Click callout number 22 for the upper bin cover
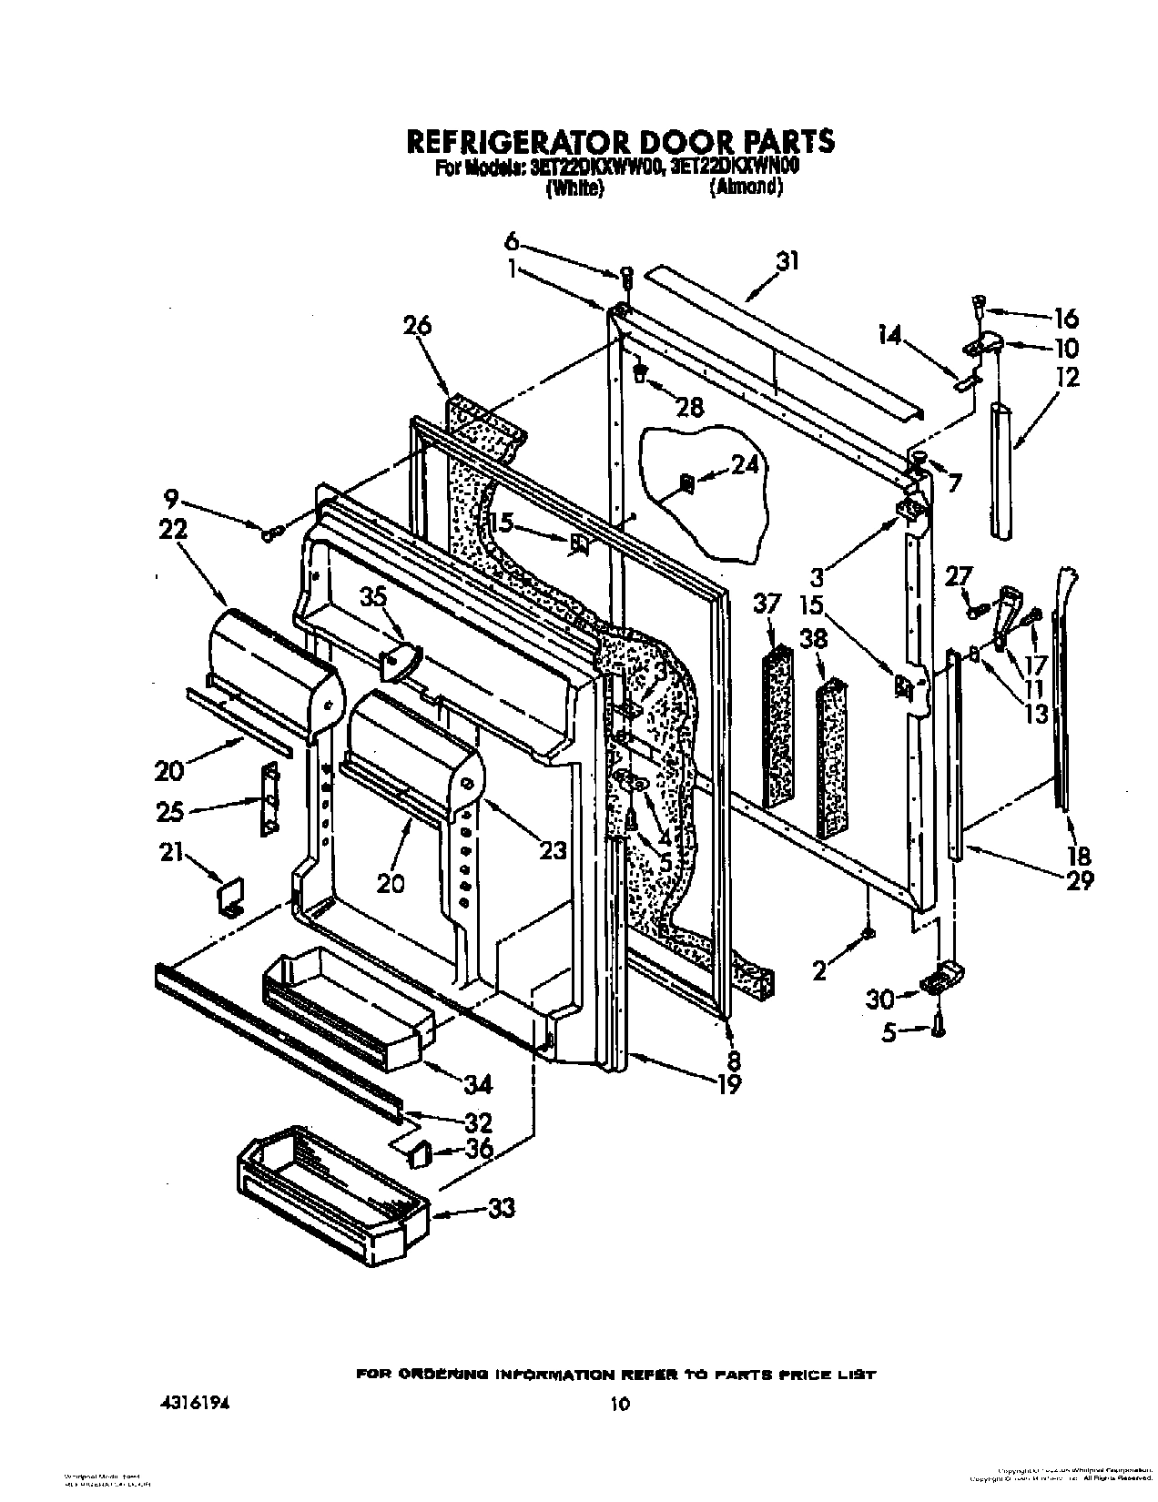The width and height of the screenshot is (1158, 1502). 174,529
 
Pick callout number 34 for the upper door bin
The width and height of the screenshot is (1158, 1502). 477,1083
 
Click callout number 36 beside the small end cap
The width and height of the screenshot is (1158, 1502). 478,1149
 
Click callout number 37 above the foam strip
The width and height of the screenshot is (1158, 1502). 767,603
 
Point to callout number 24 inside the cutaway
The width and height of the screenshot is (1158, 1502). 744,465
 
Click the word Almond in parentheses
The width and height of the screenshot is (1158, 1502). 746,188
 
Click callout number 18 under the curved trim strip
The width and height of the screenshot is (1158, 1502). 1081,854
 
